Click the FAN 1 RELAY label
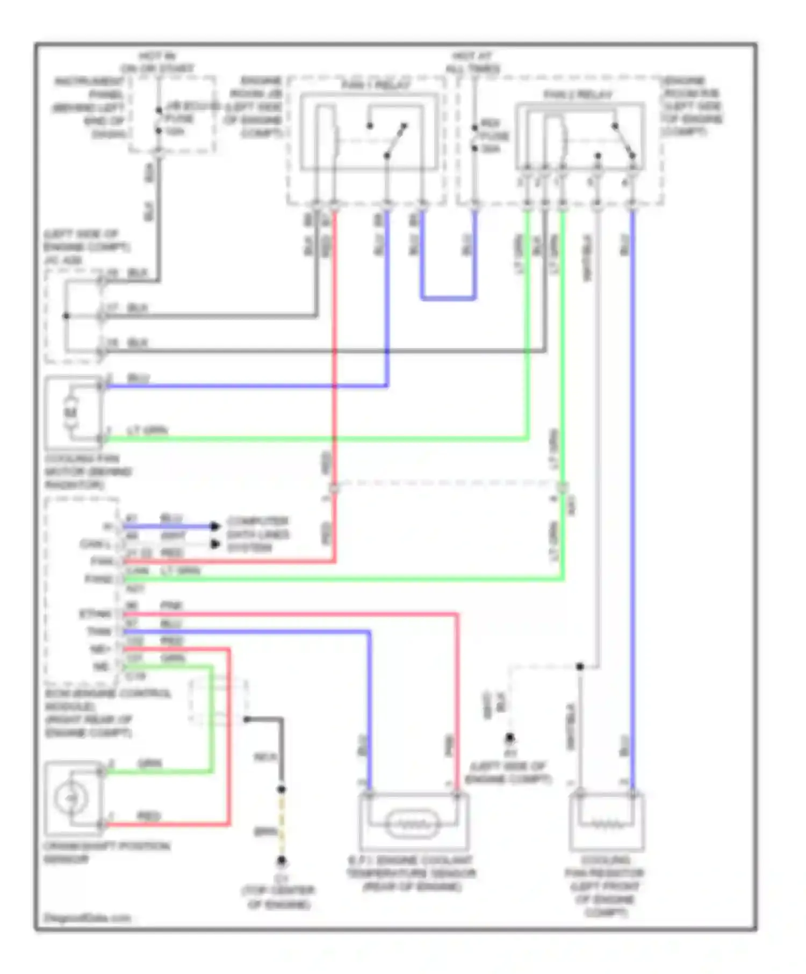(376, 85)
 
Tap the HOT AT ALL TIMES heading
(473, 62)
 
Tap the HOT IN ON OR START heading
(157, 62)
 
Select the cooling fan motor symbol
(71, 412)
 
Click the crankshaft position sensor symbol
(71, 798)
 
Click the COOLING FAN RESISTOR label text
(605, 885)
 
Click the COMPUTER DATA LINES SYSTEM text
(257, 534)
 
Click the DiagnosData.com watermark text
(87, 918)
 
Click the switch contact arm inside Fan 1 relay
(397, 140)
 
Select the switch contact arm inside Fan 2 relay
(624, 141)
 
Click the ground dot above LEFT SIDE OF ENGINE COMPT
(509, 737)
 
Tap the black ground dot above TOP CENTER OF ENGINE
(281, 861)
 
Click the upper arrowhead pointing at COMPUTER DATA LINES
(215, 526)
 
